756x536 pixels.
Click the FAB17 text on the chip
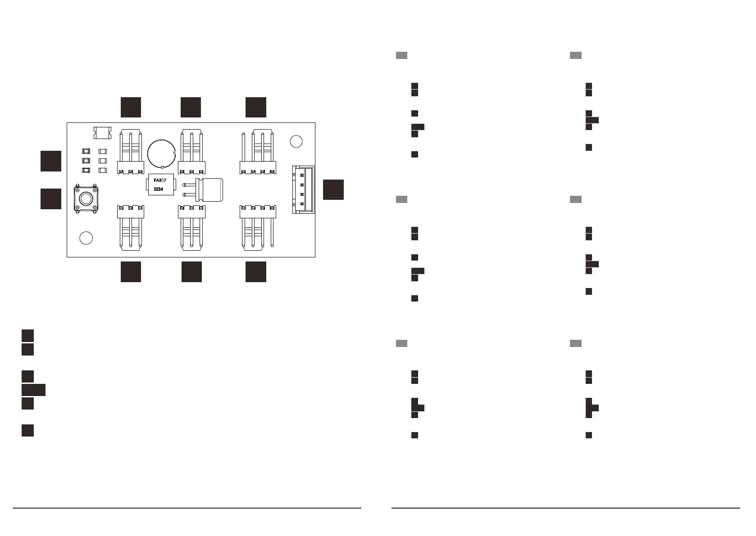(160, 180)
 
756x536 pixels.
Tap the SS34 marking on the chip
(159, 189)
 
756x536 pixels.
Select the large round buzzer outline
(161, 153)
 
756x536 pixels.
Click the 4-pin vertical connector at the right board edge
(303, 189)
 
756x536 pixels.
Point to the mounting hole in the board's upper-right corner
(296, 141)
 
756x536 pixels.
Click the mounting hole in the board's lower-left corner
(86, 238)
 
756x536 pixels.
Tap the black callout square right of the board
(333, 189)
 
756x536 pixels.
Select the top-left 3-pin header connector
(131, 153)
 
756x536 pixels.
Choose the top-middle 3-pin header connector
(191, 153)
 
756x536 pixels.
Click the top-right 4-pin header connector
(258, 153)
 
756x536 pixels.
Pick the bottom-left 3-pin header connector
(131, 227)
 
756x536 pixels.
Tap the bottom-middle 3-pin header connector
(191, 227)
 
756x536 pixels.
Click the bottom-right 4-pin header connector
(258, 227)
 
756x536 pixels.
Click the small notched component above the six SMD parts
(102, 133)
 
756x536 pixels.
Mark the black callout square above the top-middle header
(191, 107)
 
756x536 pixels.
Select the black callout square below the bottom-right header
(256, 272)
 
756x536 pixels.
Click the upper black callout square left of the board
(51, 161)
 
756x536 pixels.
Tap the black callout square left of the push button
(51, 199)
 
